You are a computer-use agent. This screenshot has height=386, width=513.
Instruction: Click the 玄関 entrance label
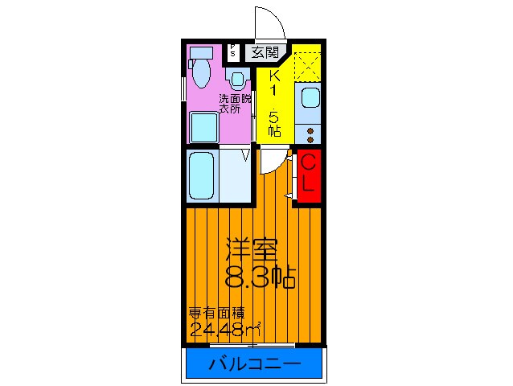point(264,53)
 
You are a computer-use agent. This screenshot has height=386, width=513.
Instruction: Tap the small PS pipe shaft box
point(233,51)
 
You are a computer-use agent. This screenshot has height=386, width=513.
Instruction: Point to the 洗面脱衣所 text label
point(236,103)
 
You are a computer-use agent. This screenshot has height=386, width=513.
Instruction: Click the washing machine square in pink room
point(203,127)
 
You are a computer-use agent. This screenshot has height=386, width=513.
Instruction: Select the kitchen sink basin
point(309,100)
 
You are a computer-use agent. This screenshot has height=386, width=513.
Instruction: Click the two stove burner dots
point(310,134)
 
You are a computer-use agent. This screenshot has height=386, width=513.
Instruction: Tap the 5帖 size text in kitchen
point(274,120)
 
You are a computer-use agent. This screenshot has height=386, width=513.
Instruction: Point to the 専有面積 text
point(216,313)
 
